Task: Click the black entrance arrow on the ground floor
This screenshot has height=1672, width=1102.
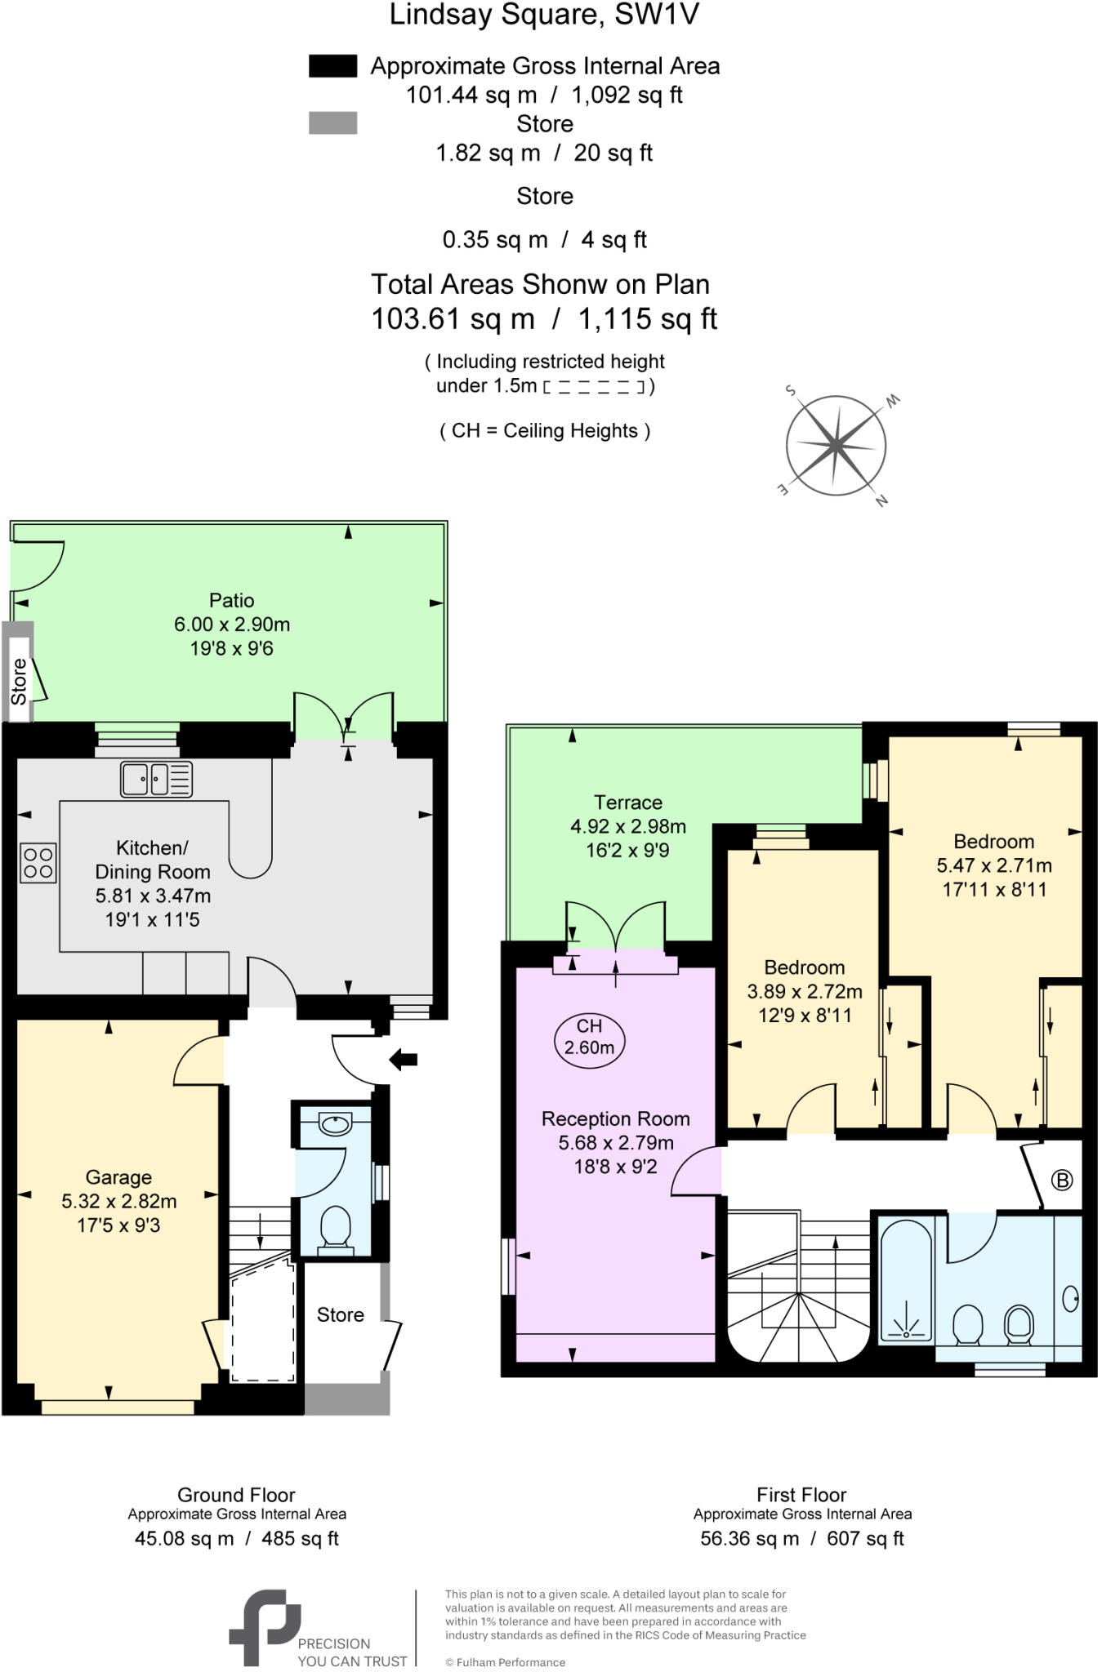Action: (404, 1061)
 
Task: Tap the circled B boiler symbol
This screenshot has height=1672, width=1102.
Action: (1061, 1180)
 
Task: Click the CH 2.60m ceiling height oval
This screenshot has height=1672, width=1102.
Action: (589, 1037)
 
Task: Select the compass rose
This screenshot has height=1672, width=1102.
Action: (836, 446)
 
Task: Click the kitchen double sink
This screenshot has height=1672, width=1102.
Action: (156, 779)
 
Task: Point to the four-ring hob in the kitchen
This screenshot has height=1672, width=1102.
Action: (38, 863)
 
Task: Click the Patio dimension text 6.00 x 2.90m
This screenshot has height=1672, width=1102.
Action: (232, 625)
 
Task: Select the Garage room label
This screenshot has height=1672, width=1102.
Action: (118, 1177)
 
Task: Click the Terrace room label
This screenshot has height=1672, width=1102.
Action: (627, 803)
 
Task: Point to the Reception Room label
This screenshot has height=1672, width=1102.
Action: (615, 1118)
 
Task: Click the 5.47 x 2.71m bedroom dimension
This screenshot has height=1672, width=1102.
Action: (993, 865)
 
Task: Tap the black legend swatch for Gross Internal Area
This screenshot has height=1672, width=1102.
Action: (332, 66)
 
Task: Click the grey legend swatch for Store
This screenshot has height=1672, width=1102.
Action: (332, 123)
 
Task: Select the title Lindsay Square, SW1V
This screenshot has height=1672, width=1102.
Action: (544, 15)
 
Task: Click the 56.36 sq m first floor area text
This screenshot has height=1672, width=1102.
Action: (749, 1539)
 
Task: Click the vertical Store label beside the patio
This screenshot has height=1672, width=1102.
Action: (18, 681)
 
